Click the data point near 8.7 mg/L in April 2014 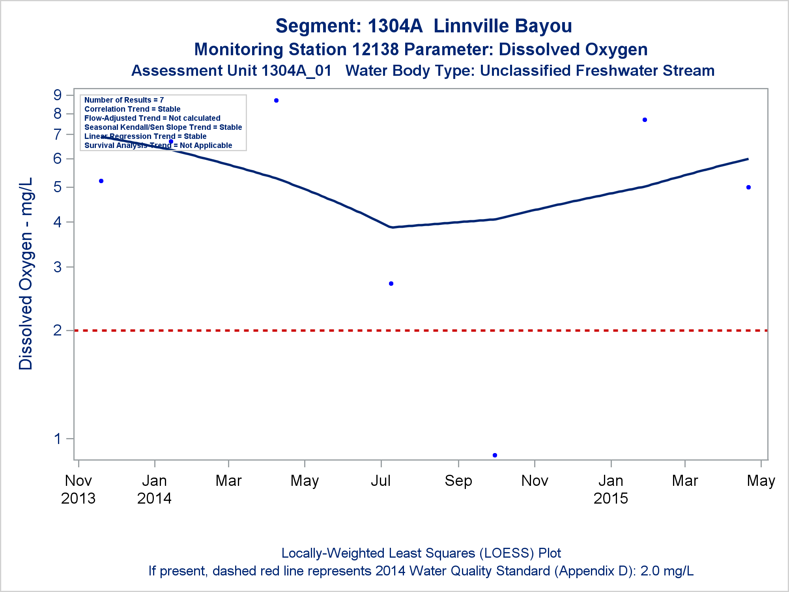coord(276,101)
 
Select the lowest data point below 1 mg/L coord(495,455)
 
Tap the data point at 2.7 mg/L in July coord(391,283)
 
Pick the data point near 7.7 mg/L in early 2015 coord(645,120)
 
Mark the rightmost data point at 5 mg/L coord(748,187)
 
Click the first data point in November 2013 coord(101,181)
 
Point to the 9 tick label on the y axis coord(58,95)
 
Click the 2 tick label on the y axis coord(58,330)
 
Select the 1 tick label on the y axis coord(58,438)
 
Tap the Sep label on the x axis coord(458,481)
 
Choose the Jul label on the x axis coord(381,481)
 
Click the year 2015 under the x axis coord(610,498)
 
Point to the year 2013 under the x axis coord(78,498)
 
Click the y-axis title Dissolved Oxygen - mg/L coord(26,273)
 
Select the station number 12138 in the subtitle coord(375,50)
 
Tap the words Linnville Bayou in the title coord(503,26)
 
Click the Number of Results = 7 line coord(124,100)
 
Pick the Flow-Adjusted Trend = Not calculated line coord(152,118)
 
